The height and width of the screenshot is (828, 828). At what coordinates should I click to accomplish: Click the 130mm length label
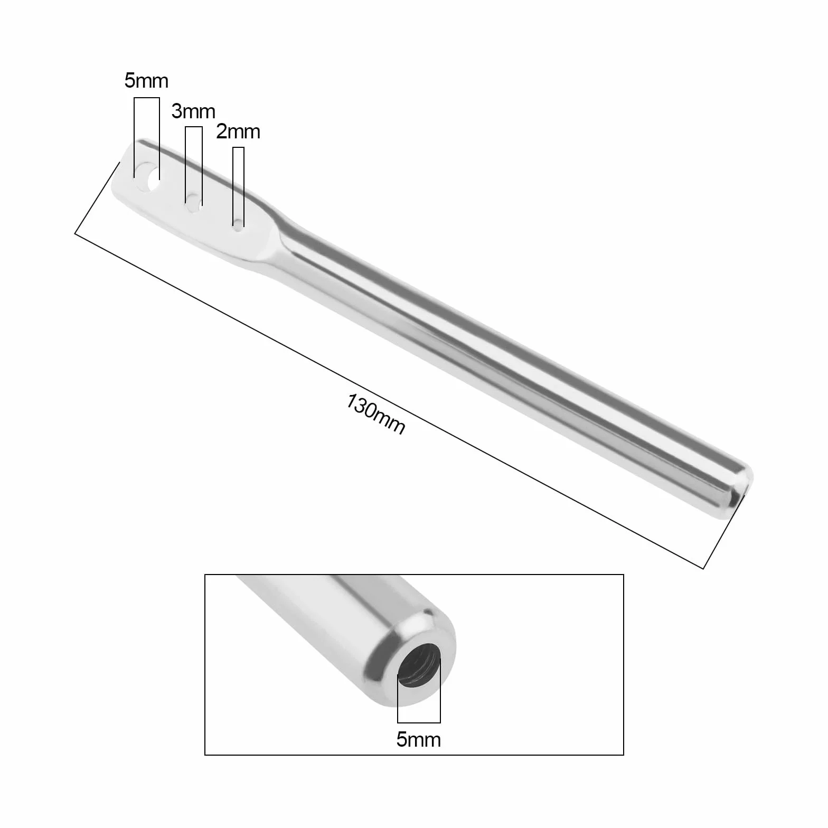375,415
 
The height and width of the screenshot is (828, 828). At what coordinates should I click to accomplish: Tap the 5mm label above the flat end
146,80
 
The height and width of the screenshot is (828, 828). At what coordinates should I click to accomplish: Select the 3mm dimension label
193,111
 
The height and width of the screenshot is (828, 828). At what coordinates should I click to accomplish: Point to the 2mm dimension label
238,131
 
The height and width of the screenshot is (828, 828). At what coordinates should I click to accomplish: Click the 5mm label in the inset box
418,739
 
